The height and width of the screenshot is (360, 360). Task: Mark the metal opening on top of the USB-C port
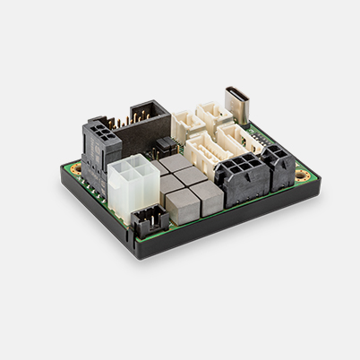click(239, 91)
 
